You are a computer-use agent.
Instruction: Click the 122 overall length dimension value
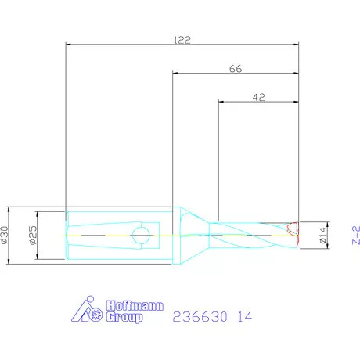coord(182,40)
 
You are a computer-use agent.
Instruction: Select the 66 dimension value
coord(236,69)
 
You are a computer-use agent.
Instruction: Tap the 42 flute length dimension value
coord(259,97)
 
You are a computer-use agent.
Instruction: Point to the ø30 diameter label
coord(5,236)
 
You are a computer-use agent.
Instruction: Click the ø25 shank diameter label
coord(34,236)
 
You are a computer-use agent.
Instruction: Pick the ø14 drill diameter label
coord(322,236)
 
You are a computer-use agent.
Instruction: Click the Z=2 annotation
coord(356,236)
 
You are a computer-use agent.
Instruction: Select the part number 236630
coord(200,317)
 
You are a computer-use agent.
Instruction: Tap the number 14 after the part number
coord(245,317)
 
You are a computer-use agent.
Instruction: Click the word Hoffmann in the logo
coord(135,305)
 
